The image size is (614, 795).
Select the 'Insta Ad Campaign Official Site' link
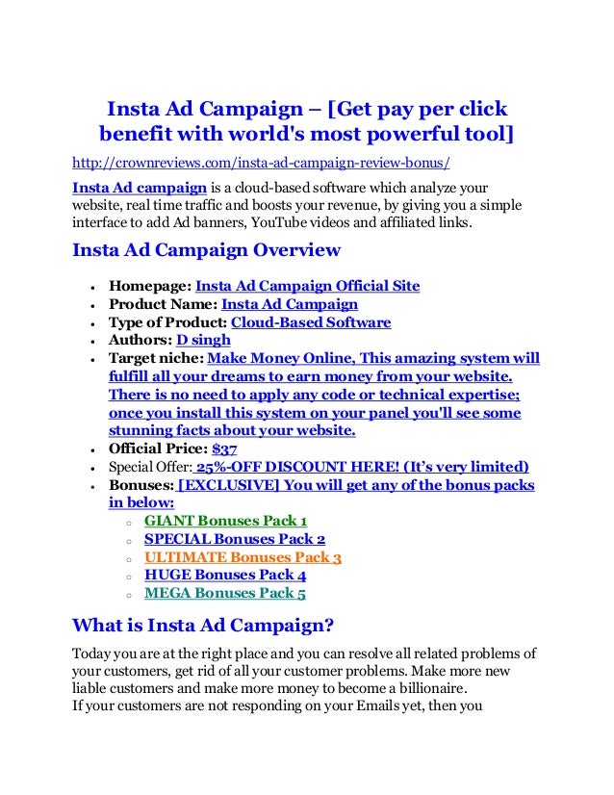[307, 286]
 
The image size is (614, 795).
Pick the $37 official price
[225, 449]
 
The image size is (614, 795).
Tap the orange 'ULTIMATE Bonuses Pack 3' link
[243, 557]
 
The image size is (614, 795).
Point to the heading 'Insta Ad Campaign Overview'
[206, 251]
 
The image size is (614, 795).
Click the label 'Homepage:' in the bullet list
[150, 286]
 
